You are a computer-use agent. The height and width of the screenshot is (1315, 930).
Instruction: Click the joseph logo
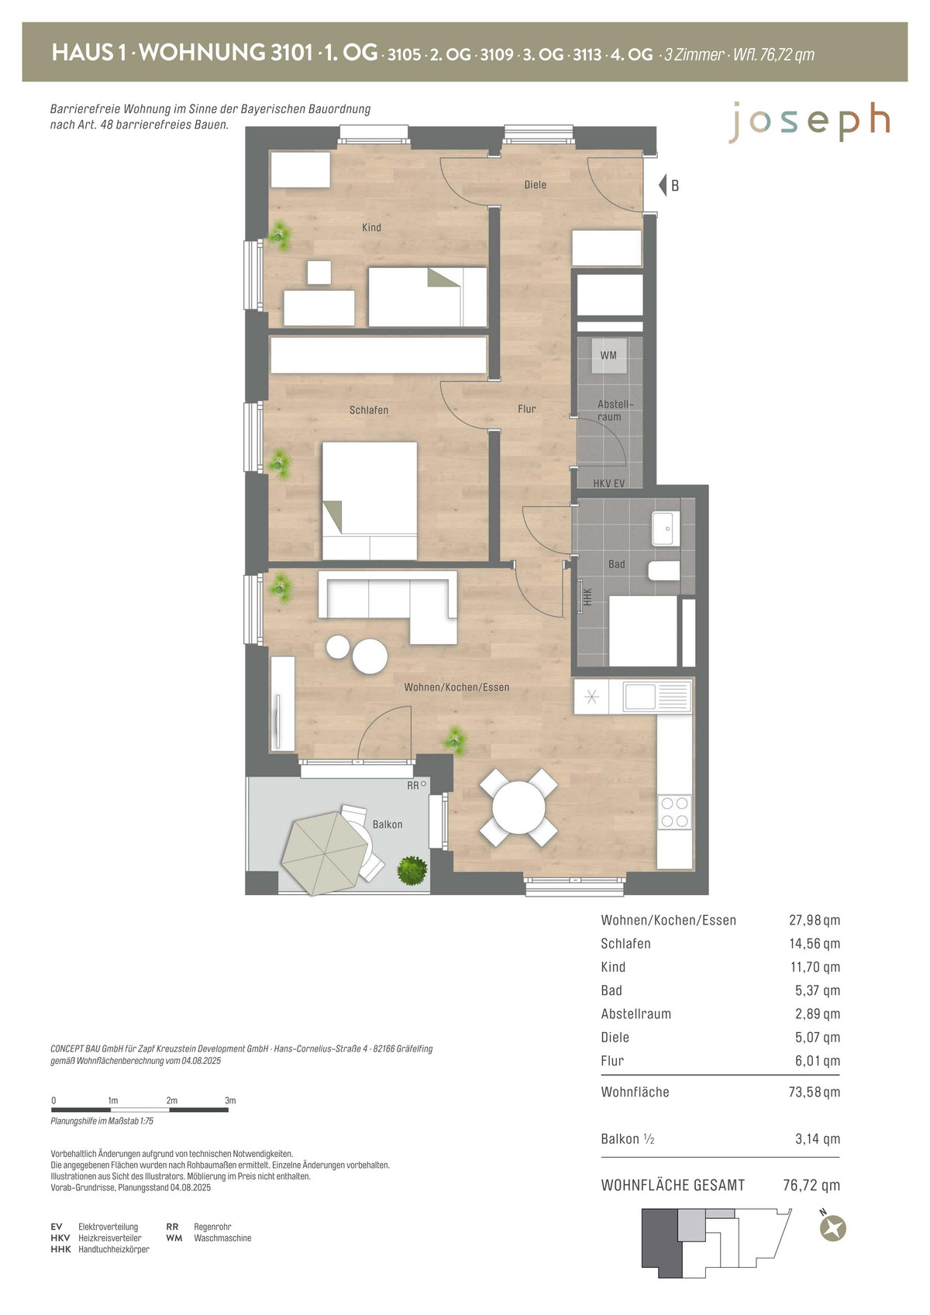809,122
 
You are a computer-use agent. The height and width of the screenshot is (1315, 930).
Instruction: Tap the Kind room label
371,227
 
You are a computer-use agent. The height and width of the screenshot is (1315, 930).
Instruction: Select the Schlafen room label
369,410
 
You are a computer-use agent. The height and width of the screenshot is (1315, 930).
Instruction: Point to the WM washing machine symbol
608,355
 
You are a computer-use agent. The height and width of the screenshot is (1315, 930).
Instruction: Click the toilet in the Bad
664,570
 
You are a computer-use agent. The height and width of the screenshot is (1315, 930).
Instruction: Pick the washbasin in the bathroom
665,528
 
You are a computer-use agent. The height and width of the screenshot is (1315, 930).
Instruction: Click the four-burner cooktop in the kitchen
674,812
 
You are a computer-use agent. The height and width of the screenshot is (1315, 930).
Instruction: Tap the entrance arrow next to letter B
663,185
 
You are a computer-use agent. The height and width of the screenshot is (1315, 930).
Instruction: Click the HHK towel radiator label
587,597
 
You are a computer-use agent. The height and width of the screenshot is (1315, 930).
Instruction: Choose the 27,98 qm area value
814,920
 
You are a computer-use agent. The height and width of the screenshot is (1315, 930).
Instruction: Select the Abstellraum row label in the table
635,1014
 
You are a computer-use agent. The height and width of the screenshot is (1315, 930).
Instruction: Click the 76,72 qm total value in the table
811,1186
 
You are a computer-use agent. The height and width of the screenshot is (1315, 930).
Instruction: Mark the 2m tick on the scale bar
170,1110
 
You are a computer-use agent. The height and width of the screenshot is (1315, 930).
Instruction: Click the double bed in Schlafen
370,501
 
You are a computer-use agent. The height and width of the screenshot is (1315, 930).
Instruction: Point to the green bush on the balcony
412,871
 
